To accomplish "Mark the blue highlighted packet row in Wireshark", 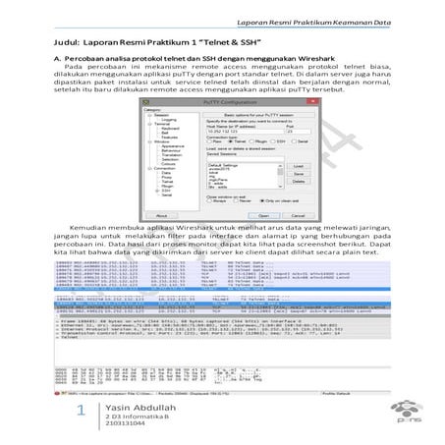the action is point(221,306).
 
